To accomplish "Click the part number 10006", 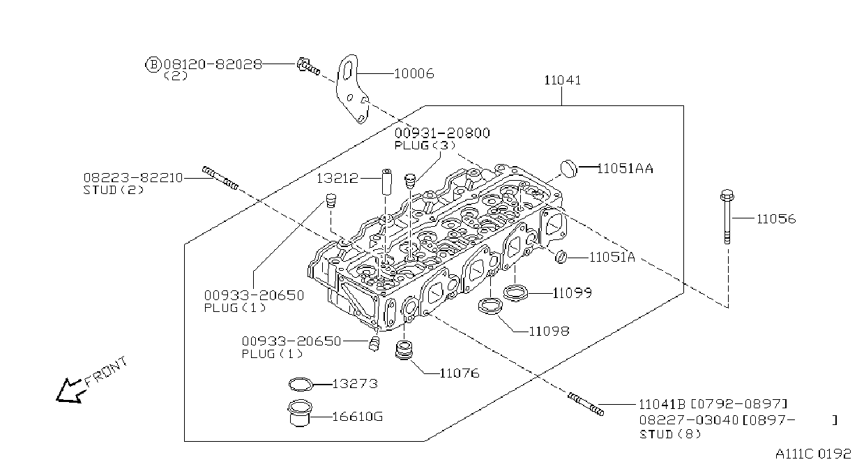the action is coord(414,73).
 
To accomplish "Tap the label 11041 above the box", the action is coord(563,80).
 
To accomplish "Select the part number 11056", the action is coord(776,219).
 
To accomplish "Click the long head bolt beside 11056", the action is coord(727,216).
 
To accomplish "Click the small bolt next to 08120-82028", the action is coord(308,68).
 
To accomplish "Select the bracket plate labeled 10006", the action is coord(352,89).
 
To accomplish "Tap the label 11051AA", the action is coord(625,168).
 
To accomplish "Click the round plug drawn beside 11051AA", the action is coord(569,169).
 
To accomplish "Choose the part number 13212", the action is coord(338,178).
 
